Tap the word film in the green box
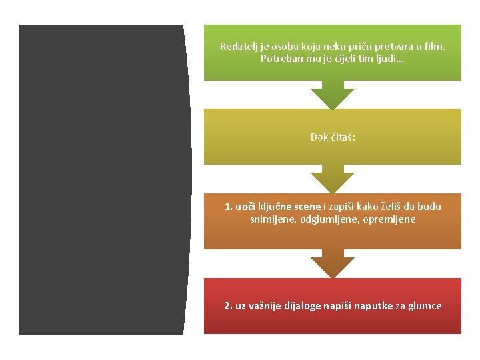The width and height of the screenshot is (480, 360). (x=433, y=47)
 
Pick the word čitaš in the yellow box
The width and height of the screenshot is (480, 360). (x=343, y=137)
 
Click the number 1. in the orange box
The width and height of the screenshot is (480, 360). (x=229, y=207)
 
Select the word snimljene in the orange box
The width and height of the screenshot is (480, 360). (x=271, y=219)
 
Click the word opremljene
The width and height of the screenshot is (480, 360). (x=388, y=219)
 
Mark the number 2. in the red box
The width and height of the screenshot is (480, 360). (x=228, y=306)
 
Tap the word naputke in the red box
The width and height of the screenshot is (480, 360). (x=373, y=306)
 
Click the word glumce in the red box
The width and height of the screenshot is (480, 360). (x=426, y=306)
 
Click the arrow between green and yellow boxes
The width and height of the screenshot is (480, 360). (x=333, y=95)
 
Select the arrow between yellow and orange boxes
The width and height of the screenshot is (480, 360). (x=333, y=179)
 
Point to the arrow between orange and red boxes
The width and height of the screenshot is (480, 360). (x=333, y=264)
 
